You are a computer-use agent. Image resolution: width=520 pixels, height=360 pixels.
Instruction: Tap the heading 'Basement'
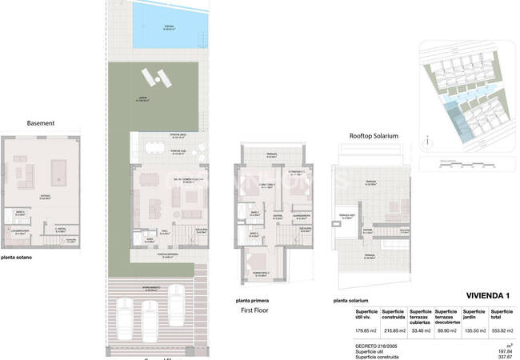pyautogui.click(x=40, y=123)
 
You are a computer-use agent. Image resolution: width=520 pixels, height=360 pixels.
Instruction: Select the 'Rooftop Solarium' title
pyautogui.click(x=373, y=135)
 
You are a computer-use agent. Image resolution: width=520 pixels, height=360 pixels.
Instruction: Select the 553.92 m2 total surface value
pyautogui.click(x=502, y=330)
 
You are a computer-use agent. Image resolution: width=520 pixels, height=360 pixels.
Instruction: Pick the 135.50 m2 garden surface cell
pyautogui.click(x=474, y=330)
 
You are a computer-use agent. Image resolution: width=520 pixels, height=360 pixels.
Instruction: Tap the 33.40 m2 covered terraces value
pyautogui.click(x=421, y=330)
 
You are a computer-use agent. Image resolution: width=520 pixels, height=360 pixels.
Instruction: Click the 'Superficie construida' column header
pyautogui.click(x=394, y=314)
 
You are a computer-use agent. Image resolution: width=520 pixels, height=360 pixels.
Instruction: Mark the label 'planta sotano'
pyautogui.click(x=17, y=258)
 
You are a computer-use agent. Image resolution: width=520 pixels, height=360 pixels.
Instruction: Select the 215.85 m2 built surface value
pyautogui.click(x=394, y=330)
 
